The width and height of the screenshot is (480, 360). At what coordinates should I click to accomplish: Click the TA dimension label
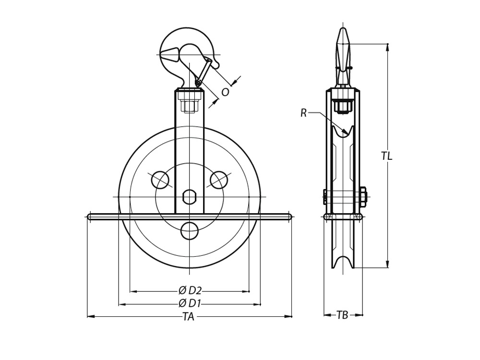189,316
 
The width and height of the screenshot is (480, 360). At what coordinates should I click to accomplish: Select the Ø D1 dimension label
190,303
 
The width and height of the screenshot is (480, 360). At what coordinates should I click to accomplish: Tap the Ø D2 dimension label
190,290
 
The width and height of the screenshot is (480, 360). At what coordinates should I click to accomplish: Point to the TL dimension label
386,156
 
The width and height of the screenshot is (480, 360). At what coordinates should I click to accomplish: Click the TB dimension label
343,315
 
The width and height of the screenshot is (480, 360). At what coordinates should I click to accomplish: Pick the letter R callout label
303,113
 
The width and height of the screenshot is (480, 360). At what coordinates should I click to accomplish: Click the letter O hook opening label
225,92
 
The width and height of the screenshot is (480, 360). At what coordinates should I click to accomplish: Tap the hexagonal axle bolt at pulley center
189,197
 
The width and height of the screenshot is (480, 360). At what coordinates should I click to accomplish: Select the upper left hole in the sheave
160,180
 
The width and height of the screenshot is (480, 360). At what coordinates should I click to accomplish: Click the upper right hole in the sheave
219,180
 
